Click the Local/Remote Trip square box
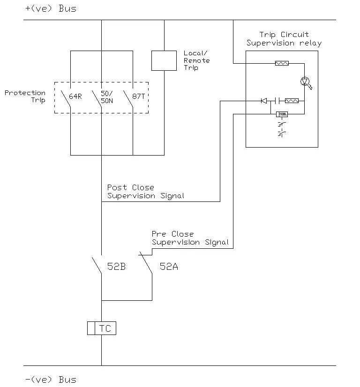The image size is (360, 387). click(x=164, y=60)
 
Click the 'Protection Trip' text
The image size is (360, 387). click(x=25, y=97)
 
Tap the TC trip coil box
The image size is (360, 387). click(x=102, y=328)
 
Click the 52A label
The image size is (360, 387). click(x=168, y=267)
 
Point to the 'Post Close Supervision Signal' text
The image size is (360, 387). click(x=145, y=192)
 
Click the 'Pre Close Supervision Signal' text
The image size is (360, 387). click(x=190, y=238)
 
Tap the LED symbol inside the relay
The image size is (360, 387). click(x=306, y=82)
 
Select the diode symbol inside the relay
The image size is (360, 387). click(x=264, y=100)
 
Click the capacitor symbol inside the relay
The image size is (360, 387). click(x=277, y=100)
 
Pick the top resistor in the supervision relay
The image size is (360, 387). click(x=282, y=62)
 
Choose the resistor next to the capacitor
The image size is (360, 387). click(x=292, y=100)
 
